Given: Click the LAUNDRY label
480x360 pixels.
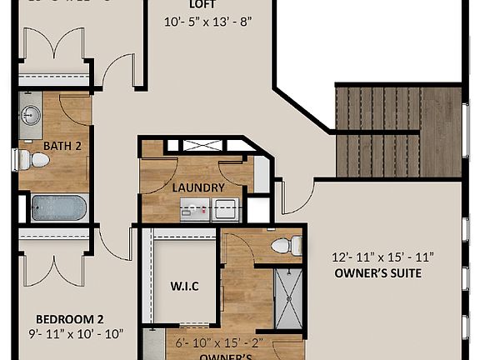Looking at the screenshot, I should pos(198,187).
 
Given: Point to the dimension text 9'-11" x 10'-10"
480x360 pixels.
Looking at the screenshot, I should pos(75,334).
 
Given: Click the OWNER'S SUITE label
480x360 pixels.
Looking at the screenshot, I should pos(377,272).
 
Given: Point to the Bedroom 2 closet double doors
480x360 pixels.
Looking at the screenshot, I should pos(52,262).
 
